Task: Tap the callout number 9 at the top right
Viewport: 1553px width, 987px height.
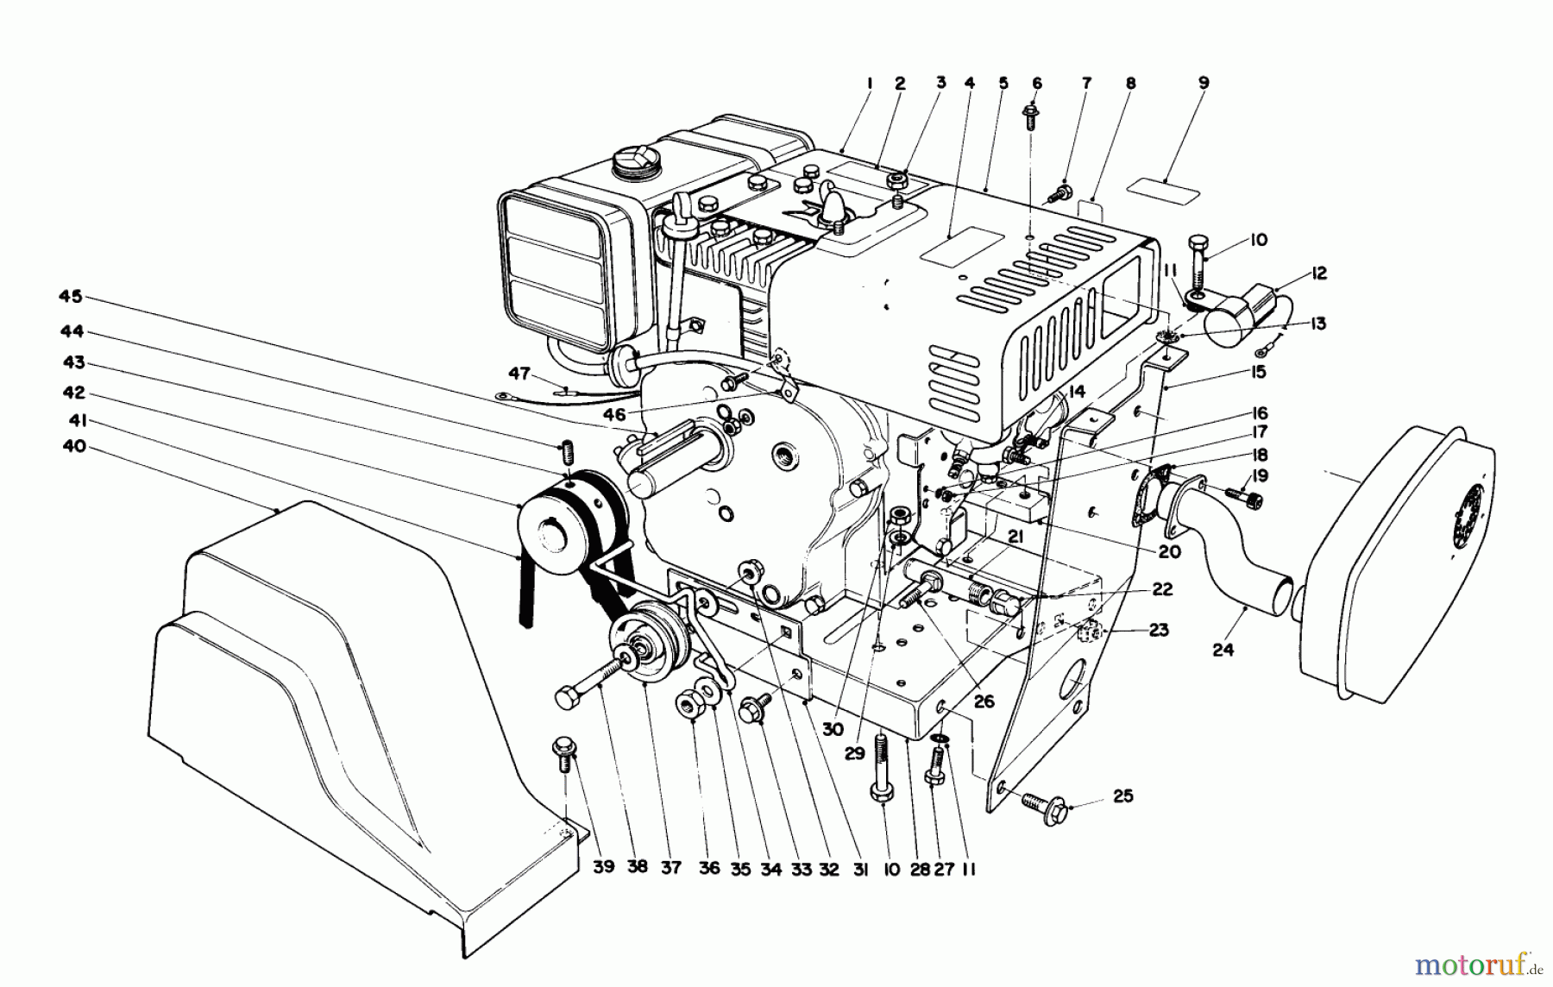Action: [x=1204, y=83]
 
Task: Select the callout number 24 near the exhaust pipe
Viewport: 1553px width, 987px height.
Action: [x=1223, y=650]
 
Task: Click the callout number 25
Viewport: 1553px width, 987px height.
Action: [x=1122, y=795]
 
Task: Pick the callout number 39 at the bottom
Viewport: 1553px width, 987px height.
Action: [x=603, y=867]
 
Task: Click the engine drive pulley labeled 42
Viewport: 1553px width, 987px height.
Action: [x=552, y=528]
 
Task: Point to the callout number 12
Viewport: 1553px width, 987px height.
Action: [x=1317, y=273]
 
